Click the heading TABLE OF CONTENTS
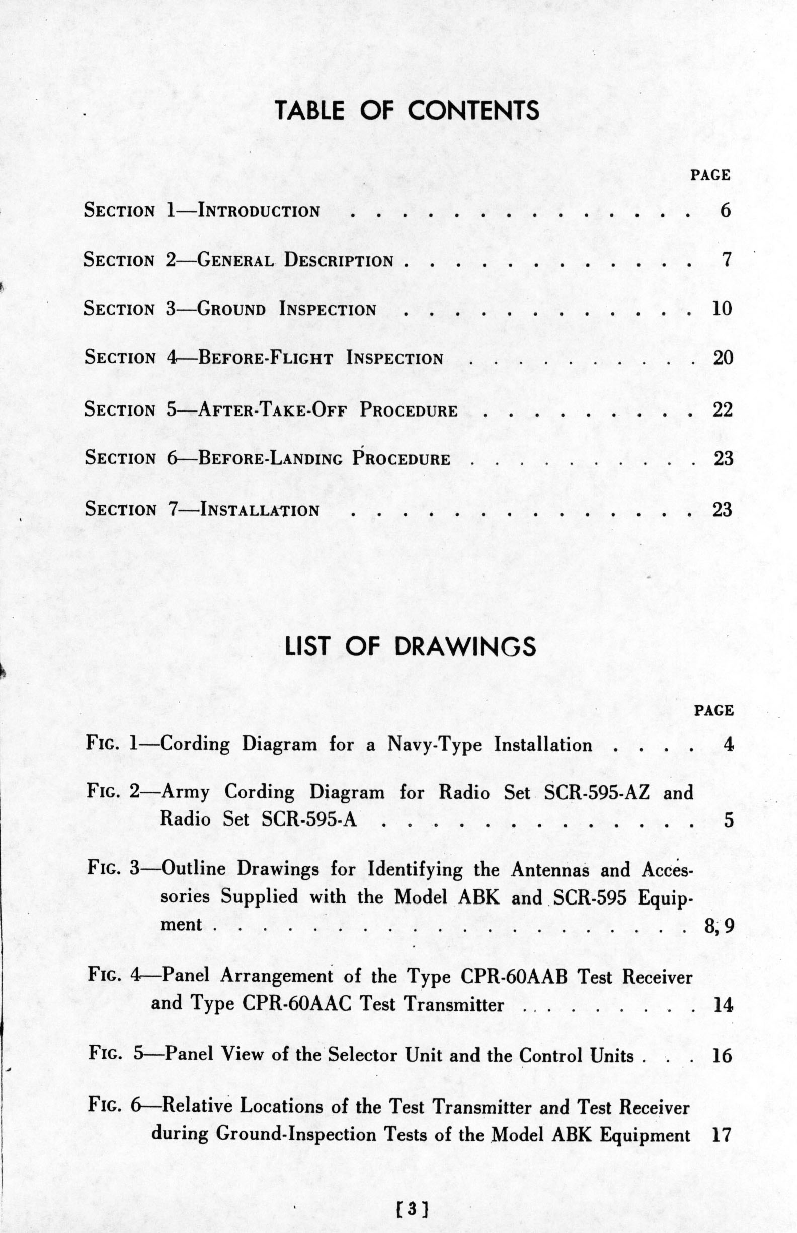[407, 110]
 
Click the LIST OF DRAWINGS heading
[411, 646]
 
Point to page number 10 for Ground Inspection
[723, 308]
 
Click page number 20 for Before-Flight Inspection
[723, 358]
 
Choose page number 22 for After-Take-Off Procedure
[723, 409]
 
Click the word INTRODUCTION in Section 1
[259, 211]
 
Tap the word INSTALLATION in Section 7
[259, 510]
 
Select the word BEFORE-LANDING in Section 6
[270, 459]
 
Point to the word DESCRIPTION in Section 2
[339, 260]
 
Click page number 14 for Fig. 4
[723, 1004]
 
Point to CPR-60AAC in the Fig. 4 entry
[296, 1004]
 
